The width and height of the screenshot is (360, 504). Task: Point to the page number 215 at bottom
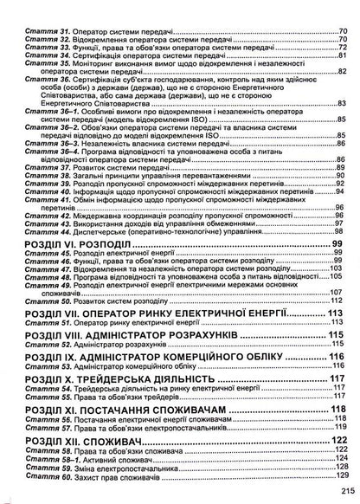point(342,491)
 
